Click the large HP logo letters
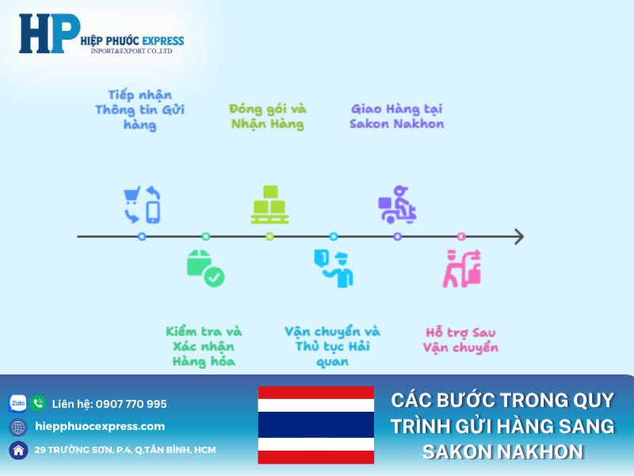click(49, 34)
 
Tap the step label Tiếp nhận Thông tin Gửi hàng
click(139, 110)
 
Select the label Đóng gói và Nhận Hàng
click(268, 116)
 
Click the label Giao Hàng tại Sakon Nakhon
click(396, 116)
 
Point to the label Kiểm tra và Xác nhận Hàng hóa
click(204, 346)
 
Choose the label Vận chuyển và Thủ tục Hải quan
click(332, 346)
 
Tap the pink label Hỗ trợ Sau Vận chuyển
click(460, 340)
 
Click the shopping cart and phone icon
click(142, 205)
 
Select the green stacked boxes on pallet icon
click(269, 205)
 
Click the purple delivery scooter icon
click(397, 205)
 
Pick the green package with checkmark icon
click(205, 268)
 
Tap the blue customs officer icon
click(334, 268)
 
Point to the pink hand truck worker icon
click(462, 268)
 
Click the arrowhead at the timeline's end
click(518, 236)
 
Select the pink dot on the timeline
click(461, 236)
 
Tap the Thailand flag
click(315, 425)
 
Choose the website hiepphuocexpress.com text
click(100, 426)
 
